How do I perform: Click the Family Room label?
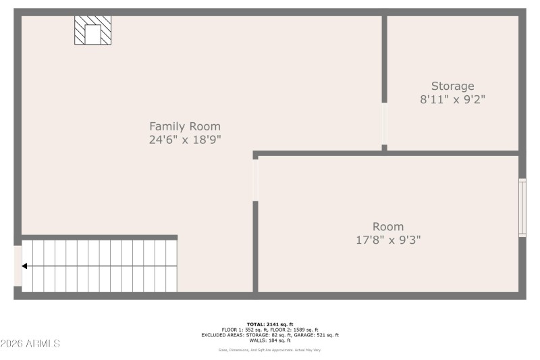184,126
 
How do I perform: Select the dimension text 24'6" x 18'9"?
184,140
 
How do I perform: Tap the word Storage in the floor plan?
452,86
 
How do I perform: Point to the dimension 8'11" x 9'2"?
452,99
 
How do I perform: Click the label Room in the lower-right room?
388,226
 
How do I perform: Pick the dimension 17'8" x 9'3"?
388,239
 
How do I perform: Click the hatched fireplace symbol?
92,31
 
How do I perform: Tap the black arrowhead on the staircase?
25,266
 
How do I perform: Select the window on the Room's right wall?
522,207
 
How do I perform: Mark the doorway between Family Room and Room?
255,180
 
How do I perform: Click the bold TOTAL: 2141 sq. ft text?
269,325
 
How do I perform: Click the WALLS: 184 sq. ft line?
269,340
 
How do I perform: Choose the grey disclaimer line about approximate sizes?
269,350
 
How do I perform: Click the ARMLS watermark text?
30,344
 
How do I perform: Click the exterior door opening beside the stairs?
18,266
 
